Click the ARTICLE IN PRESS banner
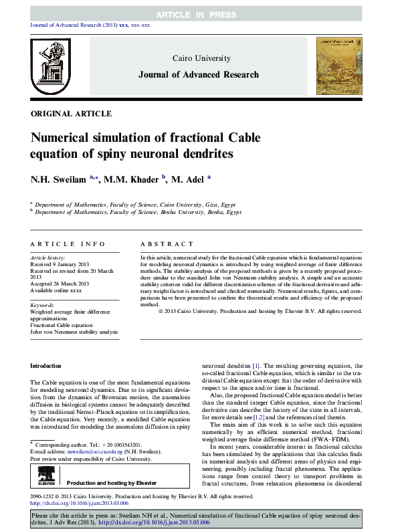click(199, 15)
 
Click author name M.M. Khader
click(130, 180)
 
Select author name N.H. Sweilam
click(59, 180)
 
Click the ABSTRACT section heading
click(167, 244)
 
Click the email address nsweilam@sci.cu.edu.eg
click(88, 451)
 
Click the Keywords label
click(43, 304)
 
